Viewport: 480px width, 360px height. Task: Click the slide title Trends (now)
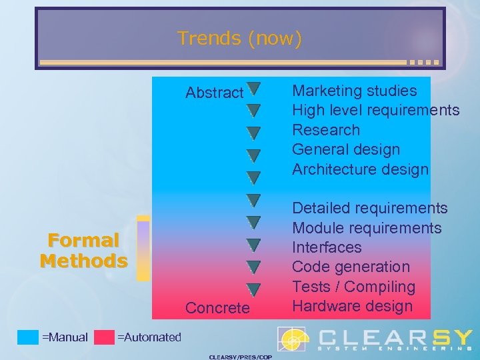[239, 39]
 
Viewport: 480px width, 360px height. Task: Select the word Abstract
[214, 93]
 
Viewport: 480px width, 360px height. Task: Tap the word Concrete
[217, 308]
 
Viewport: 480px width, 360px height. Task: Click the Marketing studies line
[355, 91]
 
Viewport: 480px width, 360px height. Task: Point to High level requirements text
[376, 110]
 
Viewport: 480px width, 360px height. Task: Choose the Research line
[326, 130]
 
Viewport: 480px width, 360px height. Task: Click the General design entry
[346, 149]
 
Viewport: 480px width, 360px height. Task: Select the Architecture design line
[360, 169]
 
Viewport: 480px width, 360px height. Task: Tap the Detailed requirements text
[370, 209]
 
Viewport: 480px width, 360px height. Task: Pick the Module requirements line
[367, 228]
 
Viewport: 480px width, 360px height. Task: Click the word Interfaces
[327, 247]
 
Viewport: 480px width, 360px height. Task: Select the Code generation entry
[351, 267]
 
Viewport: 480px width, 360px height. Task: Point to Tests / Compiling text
[353, 287]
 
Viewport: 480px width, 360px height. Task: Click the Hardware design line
[353, 306]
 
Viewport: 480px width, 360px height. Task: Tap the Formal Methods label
[83, 250]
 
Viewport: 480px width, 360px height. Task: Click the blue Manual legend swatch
[28, 337]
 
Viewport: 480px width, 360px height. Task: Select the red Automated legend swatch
[104, 337]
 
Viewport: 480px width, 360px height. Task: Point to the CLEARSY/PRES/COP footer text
[240, 357]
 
